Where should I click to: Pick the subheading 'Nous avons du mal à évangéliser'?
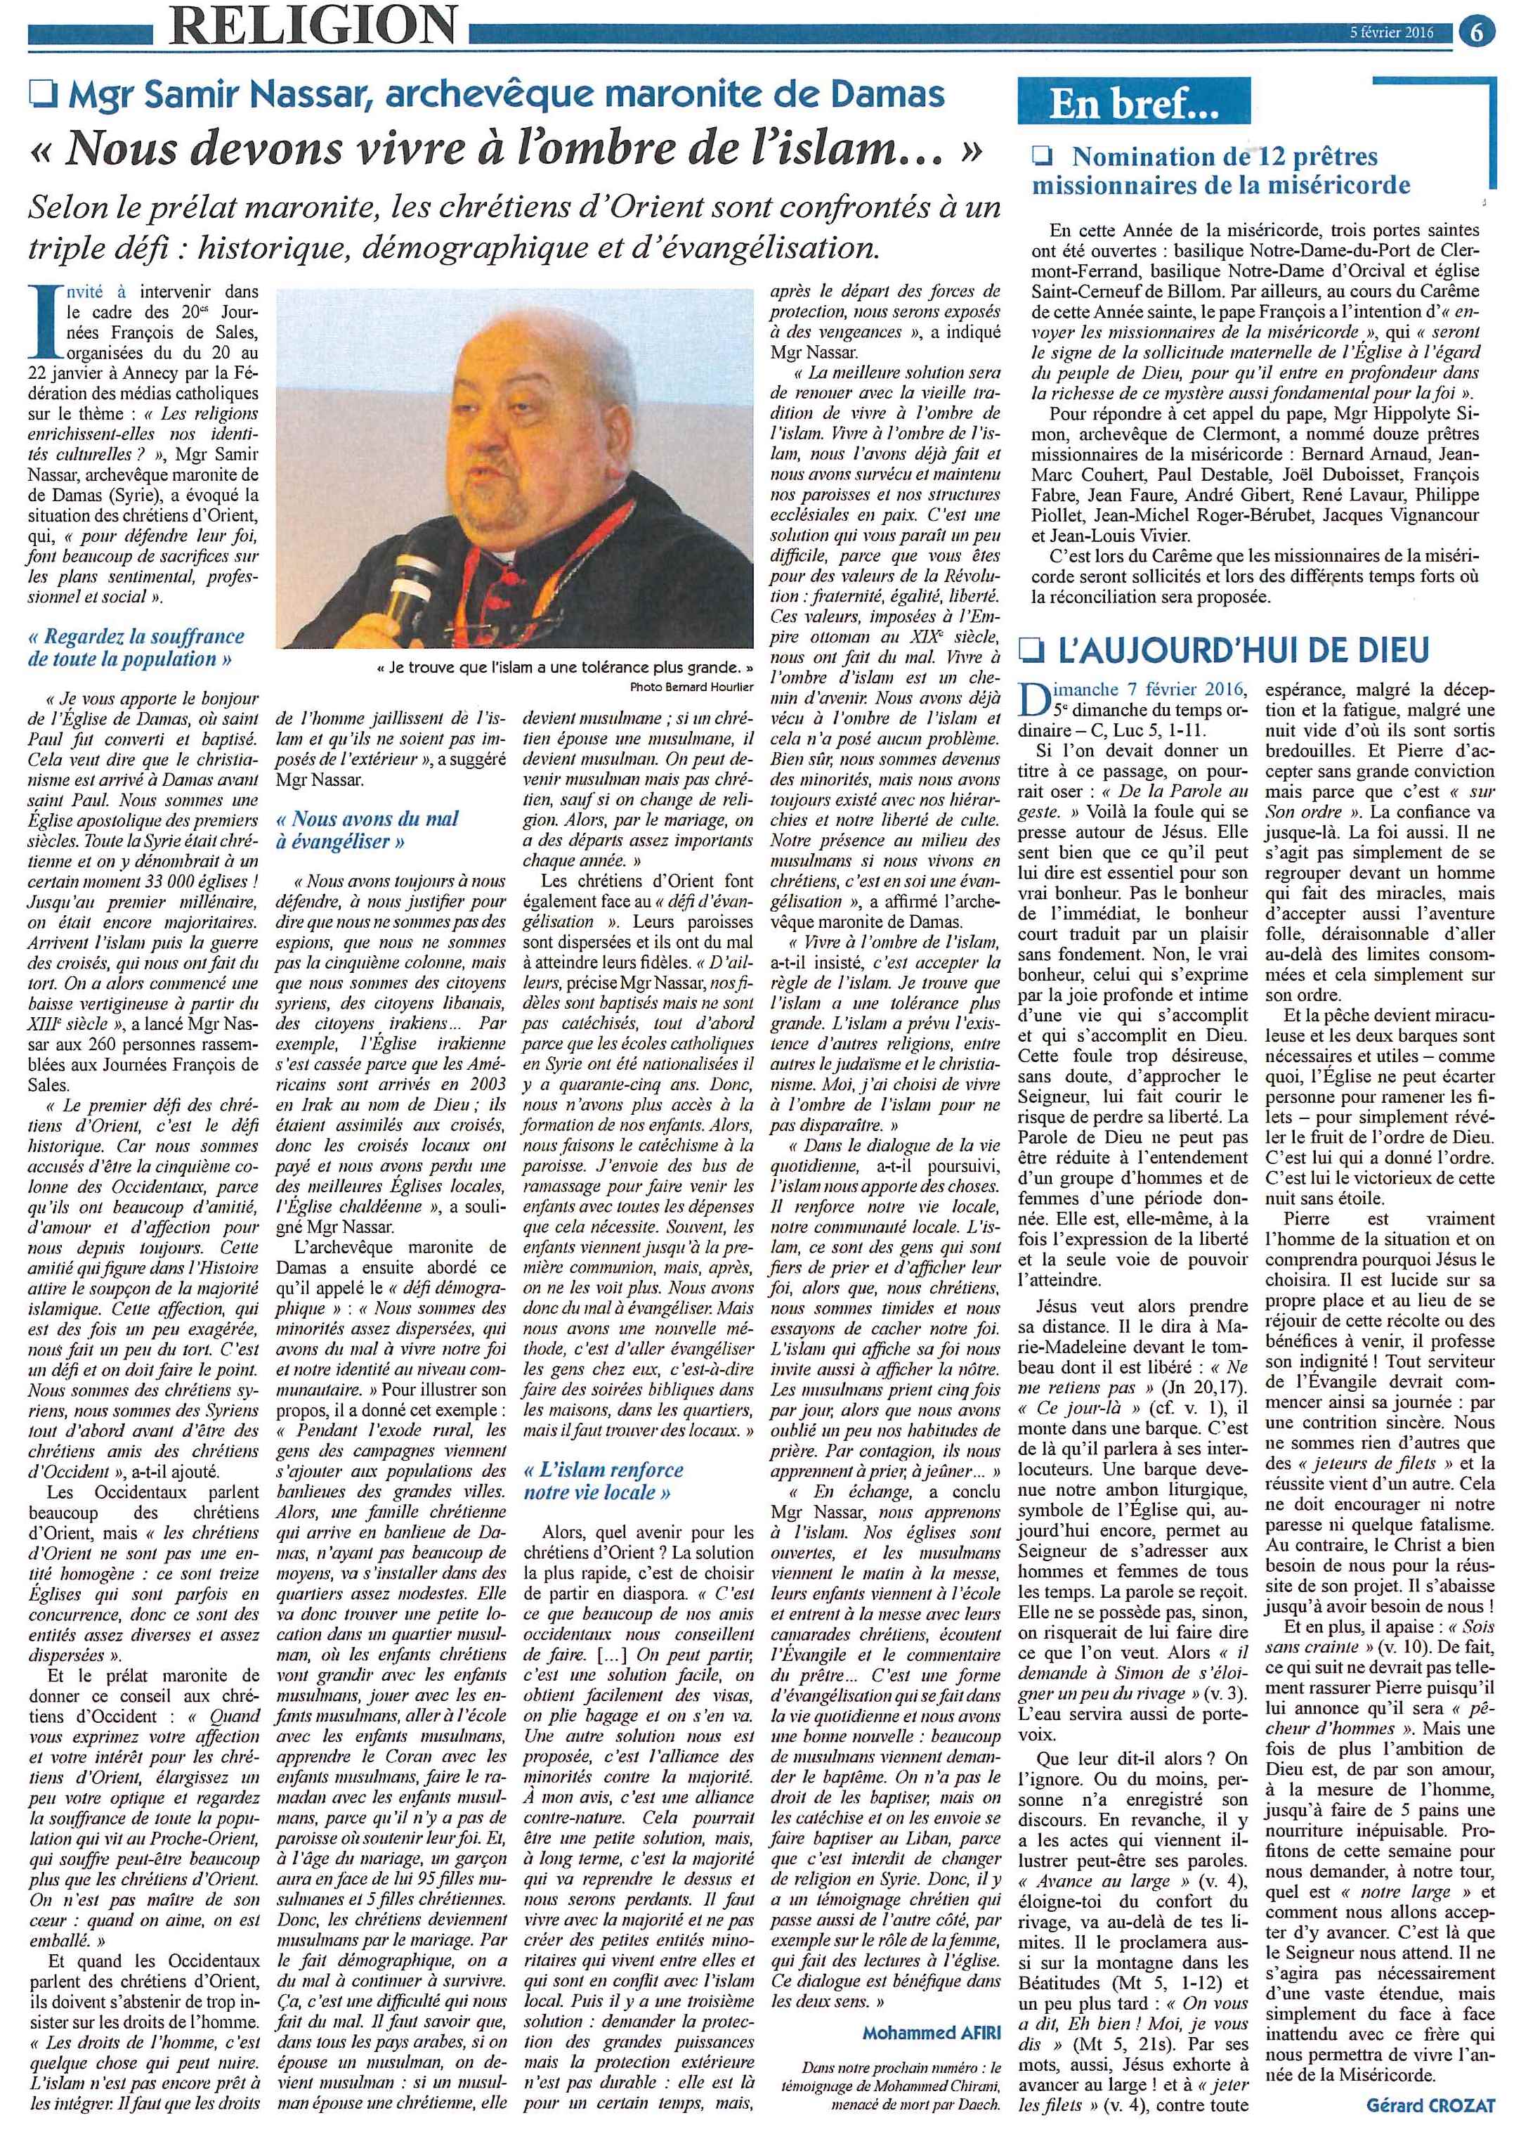[368, 829]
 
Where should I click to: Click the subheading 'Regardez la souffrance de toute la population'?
[136, 647]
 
